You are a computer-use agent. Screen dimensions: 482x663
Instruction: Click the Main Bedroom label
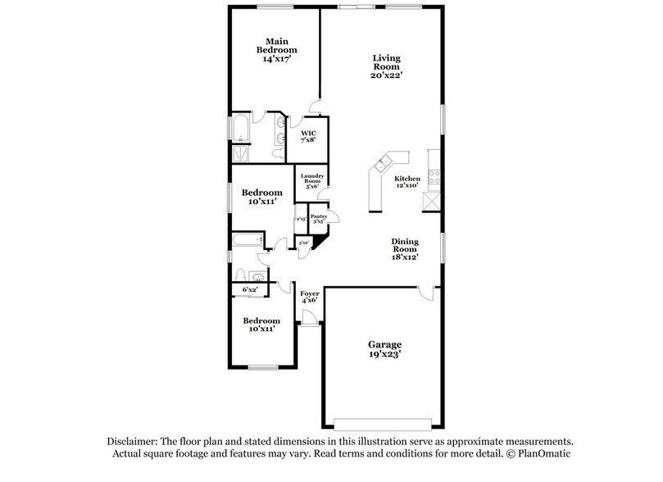pyautogui.click(x=275, y=49)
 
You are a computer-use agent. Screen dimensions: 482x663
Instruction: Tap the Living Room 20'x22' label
pyautogui.click(x=386, y=66)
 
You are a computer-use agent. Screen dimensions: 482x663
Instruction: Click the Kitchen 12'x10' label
pyautogui.click(x=407, y=182)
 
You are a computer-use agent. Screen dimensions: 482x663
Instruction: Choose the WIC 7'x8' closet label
pyautogui.click(x=309, y=136)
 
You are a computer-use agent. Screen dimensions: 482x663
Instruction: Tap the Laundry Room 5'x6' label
pyautogui.click(x=312, y=181)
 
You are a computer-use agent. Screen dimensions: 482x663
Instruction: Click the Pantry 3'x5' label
pyautogui.click(x=318, y=219)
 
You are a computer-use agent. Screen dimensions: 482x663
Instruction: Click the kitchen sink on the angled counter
pyautogui.click(x=382, y=167)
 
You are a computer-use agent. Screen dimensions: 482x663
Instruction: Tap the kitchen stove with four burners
pyautogui.click(x=433, y=173)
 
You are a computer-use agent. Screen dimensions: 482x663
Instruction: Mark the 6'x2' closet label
pyautogui.click(x=250, y=290)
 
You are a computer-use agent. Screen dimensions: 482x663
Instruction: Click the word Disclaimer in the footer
pyautogui.click(x=130, y=440)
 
